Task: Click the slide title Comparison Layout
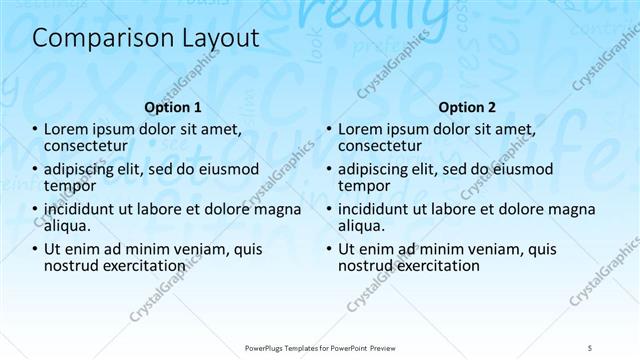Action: click(146, 38)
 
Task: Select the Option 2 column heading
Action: click(466, 106)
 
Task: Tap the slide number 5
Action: click(591, 345)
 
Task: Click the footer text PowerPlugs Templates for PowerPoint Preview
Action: click(321, 345)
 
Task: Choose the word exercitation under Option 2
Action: click(435, 266)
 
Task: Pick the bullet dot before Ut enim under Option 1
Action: click(35, 250)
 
